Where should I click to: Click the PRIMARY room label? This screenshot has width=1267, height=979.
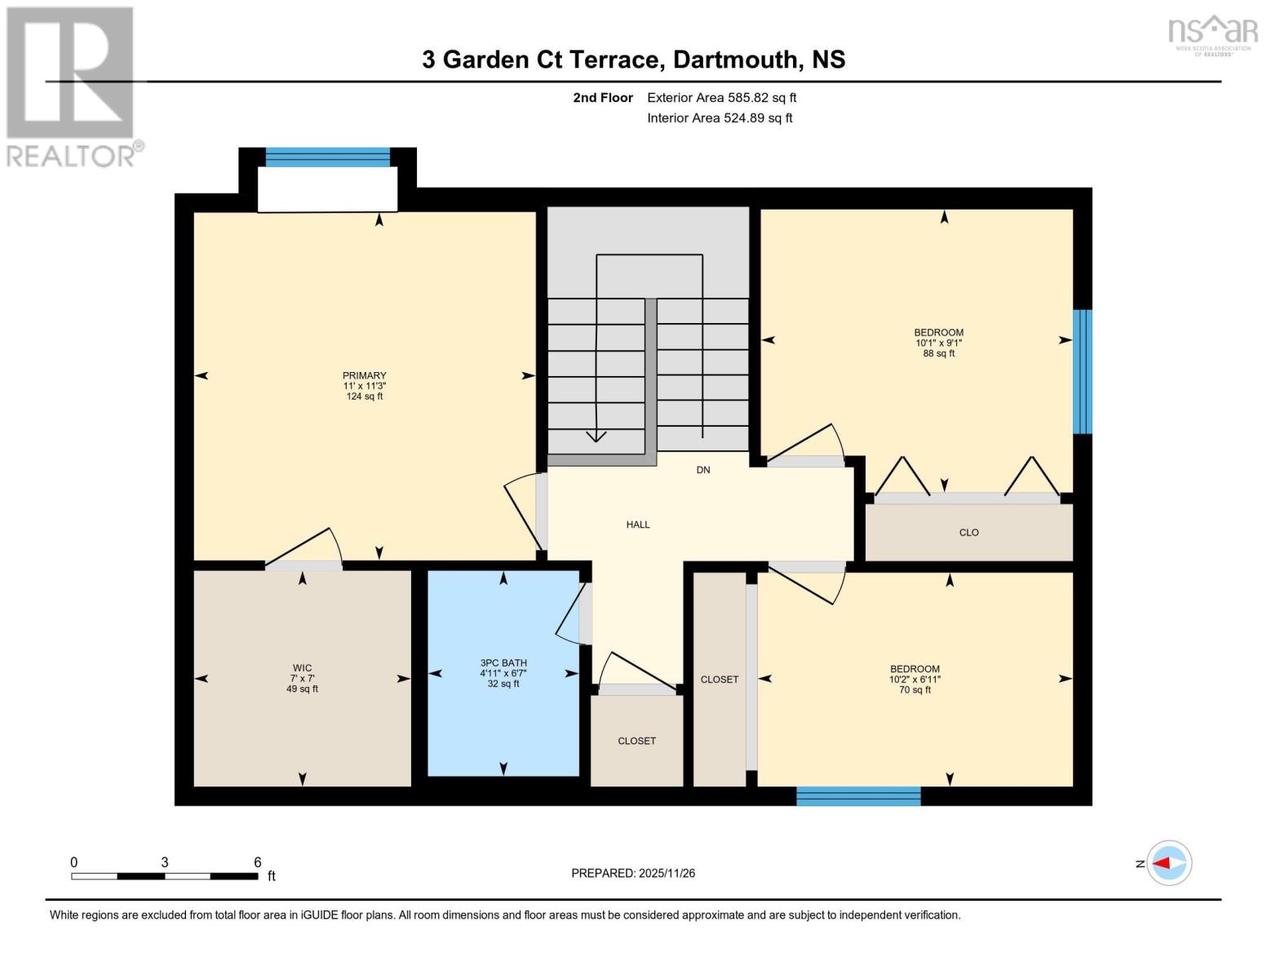tap(364, 376)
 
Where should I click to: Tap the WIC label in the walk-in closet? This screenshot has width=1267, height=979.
tap(302, 668)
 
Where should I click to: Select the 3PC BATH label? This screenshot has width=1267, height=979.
tap(503, 663)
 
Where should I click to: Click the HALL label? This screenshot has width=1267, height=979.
tap(638, 525)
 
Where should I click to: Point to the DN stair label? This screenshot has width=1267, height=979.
tap(703, 470)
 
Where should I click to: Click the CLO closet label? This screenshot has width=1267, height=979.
tap(968, 533)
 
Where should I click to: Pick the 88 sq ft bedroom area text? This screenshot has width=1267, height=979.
tap(939, 354)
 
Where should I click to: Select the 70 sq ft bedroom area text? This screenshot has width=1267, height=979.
tap(915, 690)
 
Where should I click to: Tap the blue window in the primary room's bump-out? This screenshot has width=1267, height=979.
tap(328, 157)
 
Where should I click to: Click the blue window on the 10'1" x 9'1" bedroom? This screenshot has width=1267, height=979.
tap(1082, 371)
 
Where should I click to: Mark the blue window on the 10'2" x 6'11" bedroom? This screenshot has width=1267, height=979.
tap(858, 796)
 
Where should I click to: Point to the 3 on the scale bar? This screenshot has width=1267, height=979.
tap(165, 862)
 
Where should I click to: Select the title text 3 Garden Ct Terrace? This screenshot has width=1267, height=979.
tap(539, 60)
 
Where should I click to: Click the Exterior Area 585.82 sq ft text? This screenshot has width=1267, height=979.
tap(721, 98)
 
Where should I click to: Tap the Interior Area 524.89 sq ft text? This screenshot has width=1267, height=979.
tap(720, 118)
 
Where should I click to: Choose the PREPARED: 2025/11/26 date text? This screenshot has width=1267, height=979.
tap(633, 873)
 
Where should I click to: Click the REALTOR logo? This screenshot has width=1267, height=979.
tap(72, 86)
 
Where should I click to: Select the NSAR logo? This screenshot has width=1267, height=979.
tap(1212, 33)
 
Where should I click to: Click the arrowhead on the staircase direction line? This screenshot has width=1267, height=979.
tap(596, 436)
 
